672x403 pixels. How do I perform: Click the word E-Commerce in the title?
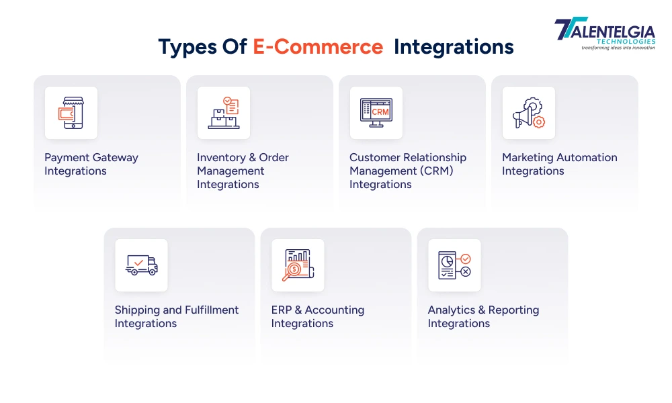[x=318, y=46]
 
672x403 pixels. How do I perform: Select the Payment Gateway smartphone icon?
[x=71, y=113]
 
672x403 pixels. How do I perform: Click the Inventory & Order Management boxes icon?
[x=223, y=113]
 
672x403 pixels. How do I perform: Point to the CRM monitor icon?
[x=376, y=113]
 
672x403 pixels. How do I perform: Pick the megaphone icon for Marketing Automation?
[x=528, y=113]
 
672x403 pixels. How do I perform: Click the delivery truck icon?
[x=141, y=265]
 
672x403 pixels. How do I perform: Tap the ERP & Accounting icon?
[x=298, y=265]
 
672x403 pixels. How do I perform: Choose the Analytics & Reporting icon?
[x=454, y=265]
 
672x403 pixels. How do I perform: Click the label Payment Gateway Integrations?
[x=91, y=165]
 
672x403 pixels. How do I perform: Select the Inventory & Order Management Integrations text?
[x=243, y=171]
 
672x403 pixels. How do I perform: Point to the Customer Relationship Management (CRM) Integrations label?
[x=407, y=171]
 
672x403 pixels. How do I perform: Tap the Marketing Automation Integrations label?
[x=559, y=165]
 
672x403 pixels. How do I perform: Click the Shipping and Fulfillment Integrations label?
[x=176, y=317]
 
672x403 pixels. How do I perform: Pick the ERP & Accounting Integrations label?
[x=317, y=317]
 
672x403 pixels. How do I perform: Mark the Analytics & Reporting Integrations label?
[x=483, y=317]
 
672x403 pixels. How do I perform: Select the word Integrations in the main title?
[x=454, y=46]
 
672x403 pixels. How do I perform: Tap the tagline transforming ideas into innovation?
[x=618, y=48]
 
